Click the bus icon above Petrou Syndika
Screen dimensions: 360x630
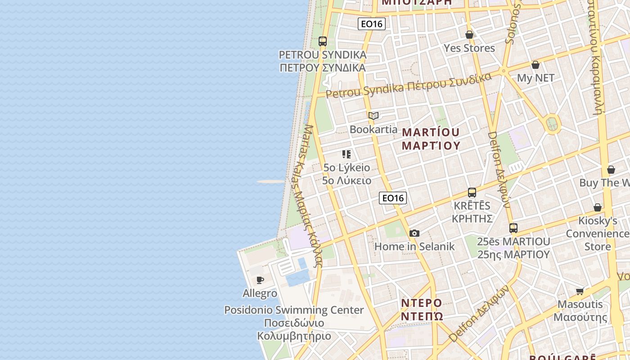322,41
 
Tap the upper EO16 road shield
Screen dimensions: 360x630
372,24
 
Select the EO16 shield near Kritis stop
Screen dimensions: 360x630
392,198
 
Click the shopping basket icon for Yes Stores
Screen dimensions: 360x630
469,35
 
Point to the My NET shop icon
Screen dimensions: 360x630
535,65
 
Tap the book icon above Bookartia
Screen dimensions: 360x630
373,116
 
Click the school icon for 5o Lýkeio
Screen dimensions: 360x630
346,154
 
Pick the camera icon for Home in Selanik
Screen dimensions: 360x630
414,233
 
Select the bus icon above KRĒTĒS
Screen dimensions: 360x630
472,193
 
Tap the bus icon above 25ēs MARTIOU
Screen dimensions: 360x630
513,228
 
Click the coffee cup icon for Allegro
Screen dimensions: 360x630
260,280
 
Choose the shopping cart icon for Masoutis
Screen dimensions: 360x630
580,291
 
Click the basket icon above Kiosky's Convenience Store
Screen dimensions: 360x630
598,207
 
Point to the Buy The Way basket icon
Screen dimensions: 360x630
611,170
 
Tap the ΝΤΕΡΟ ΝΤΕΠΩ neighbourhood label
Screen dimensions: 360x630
422,309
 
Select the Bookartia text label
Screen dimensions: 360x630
373,130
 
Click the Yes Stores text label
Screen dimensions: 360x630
469,48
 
